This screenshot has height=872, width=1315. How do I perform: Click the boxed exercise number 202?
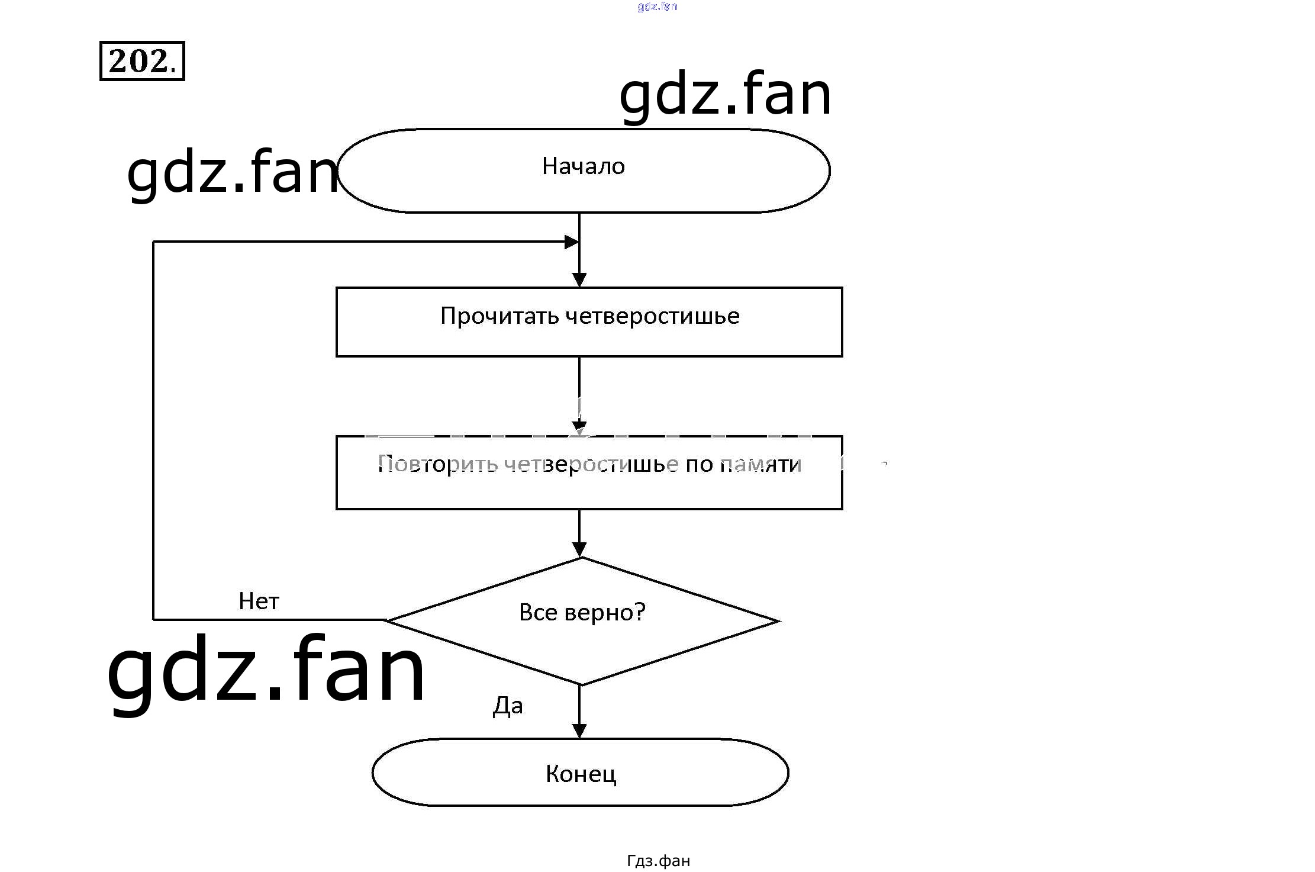click(x=142, y=61)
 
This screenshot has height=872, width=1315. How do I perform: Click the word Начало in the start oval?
click(x=583, y=166)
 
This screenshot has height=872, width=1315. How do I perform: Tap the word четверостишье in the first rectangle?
click(x=652, y=316)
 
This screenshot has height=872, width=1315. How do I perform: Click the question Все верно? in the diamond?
click(x=582, y=612)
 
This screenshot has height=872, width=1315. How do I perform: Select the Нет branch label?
click(x=259, y=601)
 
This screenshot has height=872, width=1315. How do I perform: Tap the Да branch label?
click(x=508, y=706)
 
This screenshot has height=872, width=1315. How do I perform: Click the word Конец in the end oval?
click(x=581, y=774)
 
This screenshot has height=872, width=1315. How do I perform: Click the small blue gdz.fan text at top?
click(x=657, y=7)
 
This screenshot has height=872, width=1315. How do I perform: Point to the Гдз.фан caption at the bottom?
click(x=658, y=860)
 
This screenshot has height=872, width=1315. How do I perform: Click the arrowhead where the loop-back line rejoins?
click(x=572, y=242)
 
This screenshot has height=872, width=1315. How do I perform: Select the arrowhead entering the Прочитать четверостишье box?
click(x=579, y=280)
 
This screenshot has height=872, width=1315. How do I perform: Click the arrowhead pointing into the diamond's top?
click(x=579, y=549)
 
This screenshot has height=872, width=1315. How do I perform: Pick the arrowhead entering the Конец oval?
click(x=579, y=731)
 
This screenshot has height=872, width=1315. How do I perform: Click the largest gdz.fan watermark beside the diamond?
click(x=266, y=669)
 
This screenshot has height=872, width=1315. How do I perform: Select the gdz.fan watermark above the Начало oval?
click(x=725, y=95)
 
